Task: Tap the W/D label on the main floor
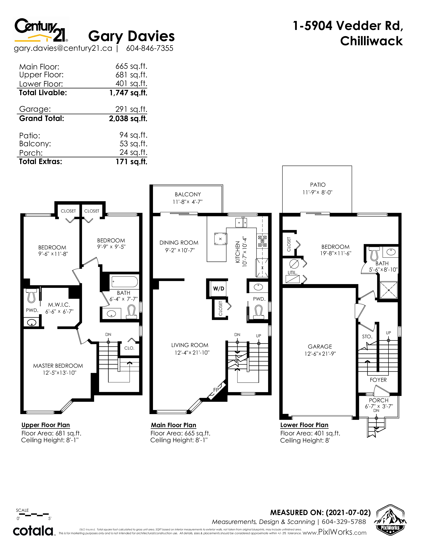pyautogui.click(x=218, y=289)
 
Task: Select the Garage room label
pyautogui.click(x=320, y=346)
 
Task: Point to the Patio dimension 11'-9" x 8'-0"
pyautogui.click(x=317, y=192)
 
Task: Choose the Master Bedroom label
pyautogui.click(x=58, y=366)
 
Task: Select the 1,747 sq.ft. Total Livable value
pyautogui.click(x=128, y=93)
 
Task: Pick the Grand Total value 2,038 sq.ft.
pyautogui.click(x=128, y=118)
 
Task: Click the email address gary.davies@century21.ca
pyautogui.click(x=63, y=48)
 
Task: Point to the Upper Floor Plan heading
pyautogui.click(x=45, y=425)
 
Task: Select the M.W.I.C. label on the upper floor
pyautogui.click(x=59, y=305)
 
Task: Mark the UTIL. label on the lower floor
pyautogui.click(x=292, y=273)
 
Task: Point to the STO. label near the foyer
pyautogui.click(x=367, y=337)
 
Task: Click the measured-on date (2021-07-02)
pyautogui.click(x=348, y=513)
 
